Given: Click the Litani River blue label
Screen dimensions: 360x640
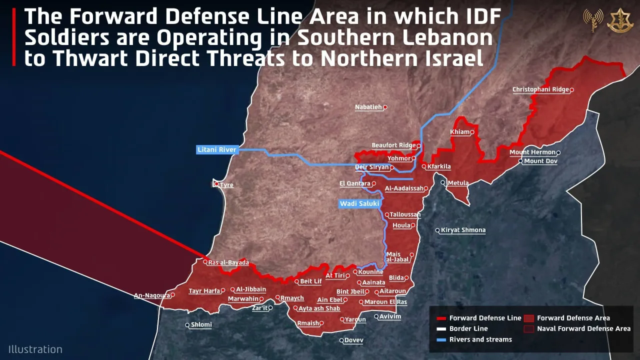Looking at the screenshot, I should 216,150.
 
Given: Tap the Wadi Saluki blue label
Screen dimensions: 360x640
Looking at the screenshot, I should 359,204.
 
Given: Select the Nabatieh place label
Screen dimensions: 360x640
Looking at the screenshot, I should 368,107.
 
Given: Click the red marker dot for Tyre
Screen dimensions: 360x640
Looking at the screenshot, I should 216,184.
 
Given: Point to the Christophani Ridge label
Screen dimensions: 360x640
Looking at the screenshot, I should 540,90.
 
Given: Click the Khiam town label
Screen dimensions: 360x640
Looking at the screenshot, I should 459,132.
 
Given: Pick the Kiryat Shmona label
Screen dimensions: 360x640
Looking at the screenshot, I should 463,230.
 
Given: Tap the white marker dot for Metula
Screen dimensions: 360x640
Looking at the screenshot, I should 443,183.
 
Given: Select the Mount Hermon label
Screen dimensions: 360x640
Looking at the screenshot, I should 532,152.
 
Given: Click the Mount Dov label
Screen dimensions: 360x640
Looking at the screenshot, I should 540,161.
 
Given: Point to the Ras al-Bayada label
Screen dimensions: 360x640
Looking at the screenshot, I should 228,263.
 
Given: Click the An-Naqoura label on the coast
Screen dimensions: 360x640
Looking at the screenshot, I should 152,295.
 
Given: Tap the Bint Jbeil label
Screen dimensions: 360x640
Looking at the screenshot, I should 350,292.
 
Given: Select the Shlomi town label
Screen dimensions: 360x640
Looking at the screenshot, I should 201,325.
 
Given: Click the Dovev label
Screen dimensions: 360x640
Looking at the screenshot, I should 354,340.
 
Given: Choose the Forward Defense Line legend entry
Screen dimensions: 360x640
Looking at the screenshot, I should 479,318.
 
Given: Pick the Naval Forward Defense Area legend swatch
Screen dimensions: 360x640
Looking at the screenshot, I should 529,329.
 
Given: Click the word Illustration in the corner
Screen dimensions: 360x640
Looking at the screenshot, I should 35,349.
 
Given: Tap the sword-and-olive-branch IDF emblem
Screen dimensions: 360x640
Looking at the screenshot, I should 620,20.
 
